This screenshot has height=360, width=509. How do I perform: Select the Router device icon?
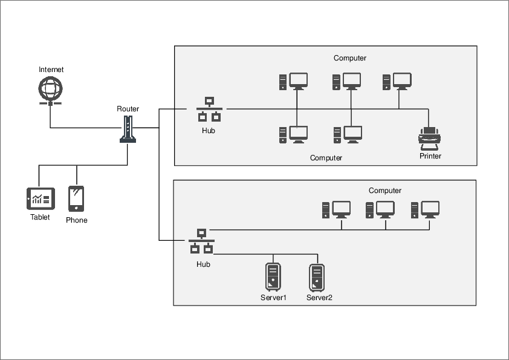point(128,129)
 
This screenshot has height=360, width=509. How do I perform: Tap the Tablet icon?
point(41,198)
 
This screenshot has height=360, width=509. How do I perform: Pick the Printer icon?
point(430,139)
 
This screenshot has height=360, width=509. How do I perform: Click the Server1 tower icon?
point(273,277)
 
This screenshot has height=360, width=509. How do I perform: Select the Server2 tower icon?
point(317,277)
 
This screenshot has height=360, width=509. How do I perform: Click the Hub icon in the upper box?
point(209,110)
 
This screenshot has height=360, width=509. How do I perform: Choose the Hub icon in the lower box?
point(202,241)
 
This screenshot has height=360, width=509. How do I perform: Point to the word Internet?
point(51,70)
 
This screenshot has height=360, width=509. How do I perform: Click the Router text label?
point(128,109)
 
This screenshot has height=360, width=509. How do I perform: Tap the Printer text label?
point(430,156)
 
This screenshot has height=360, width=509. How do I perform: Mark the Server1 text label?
point(273,298)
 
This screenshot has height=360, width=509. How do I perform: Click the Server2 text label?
point(319,298)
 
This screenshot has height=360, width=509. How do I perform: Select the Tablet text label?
point(41,217)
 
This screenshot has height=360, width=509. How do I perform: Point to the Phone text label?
point(77,220)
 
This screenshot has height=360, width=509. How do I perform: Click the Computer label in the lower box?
point(385,191)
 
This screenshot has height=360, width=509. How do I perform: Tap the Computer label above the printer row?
point(326,158)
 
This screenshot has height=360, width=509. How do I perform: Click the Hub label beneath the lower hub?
point(203,264)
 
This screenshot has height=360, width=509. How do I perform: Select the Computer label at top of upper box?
point(350,58)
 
